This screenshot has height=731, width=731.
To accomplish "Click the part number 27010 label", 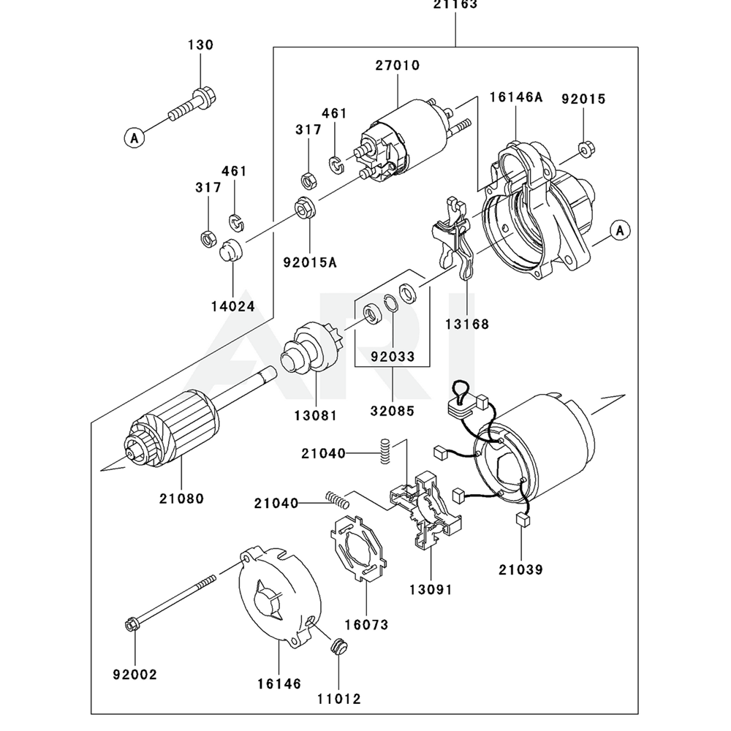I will pos(398,65).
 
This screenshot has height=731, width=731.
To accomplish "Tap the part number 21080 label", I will pos(181,499).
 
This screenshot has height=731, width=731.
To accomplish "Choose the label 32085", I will pos(392,410).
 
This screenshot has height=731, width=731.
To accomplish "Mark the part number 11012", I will pos(339,698).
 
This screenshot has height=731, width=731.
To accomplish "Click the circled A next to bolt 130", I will pos(133,136).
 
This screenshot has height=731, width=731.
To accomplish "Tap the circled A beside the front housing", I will pos(620,230).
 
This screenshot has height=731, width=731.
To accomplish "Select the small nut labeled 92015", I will pos(585,149).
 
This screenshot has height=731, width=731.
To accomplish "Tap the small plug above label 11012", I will pos(338,647).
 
